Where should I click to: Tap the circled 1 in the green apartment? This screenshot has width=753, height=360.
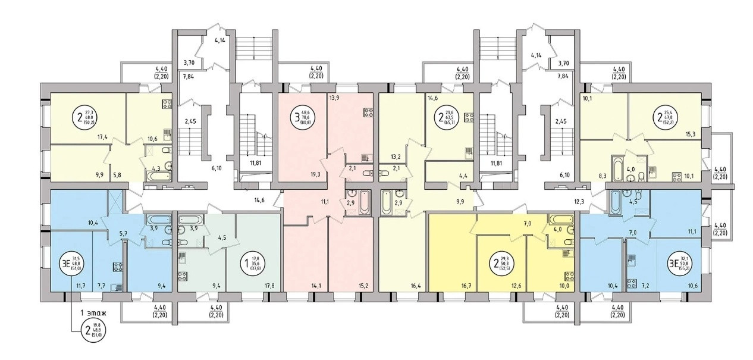tap(246, 262)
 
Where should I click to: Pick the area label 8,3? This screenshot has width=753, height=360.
tap(604, 176)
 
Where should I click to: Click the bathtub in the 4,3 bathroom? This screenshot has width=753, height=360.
tap(158, 176)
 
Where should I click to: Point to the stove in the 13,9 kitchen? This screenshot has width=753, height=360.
tap(368, 112)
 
